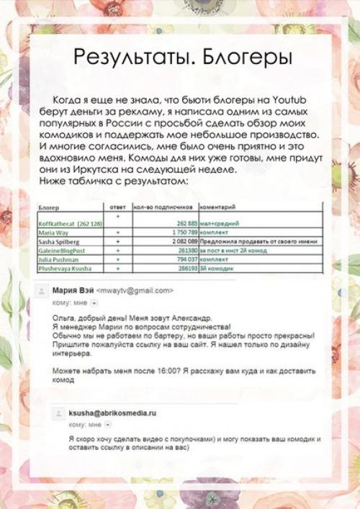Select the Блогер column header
point(48,207)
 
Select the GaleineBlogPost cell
point(63,251)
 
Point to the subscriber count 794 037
point(184,258)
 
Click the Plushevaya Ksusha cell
point(63,267)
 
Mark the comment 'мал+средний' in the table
point(220,225)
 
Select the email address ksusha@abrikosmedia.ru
point(112,415)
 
